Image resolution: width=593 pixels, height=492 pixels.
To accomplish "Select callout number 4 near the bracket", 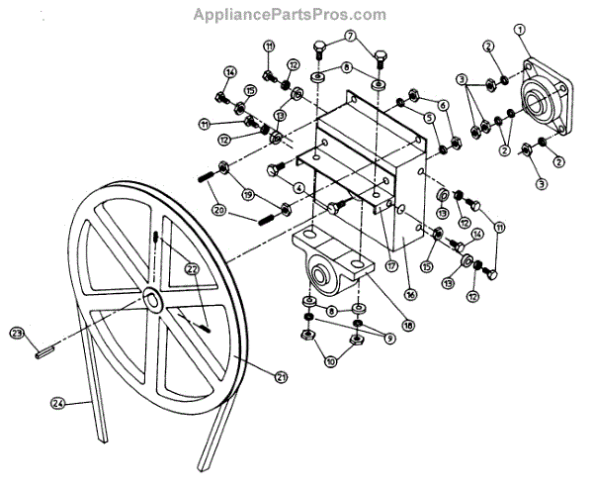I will click(x=296, y=186).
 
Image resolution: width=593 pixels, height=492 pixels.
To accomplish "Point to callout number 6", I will click(x=444, y=105).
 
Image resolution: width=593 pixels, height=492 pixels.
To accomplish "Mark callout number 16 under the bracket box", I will click(x=408, y=294).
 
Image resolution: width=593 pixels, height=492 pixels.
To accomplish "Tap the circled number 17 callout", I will click(x=392, y=265).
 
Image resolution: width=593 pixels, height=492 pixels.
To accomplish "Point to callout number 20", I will click(x=218, y=210).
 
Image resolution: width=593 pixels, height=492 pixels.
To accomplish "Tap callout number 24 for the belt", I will click(x=58, y=402).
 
